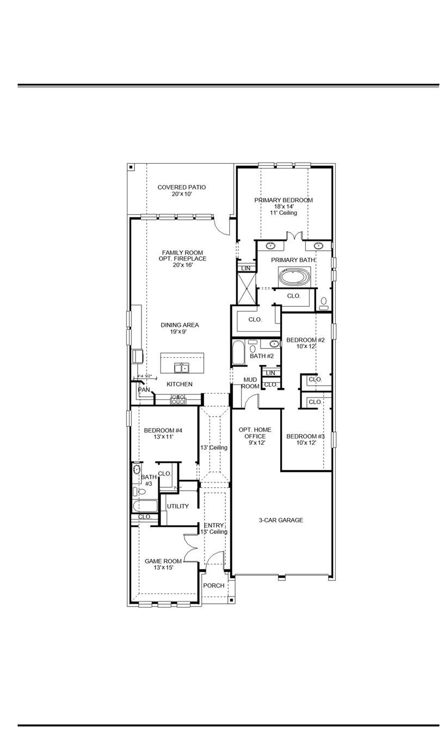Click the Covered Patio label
tap(182, 187)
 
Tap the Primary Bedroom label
tap(283, 200)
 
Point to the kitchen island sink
tap(182, 367)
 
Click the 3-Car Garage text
tap(281, 521)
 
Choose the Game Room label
tap(163, 561)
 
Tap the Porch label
tap(214, 586)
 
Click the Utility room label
tap(178, 506)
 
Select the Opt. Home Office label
tap(252, 433)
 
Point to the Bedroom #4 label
tap(163, 431)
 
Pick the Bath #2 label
tap(262, 356)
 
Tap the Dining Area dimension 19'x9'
tap(180, 331)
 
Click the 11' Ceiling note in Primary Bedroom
tap(283, 213)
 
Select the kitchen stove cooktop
tap(178, 400)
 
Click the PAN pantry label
tap(144, 389)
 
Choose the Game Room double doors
tap(190, 548)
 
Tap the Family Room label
tap(182, 252)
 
